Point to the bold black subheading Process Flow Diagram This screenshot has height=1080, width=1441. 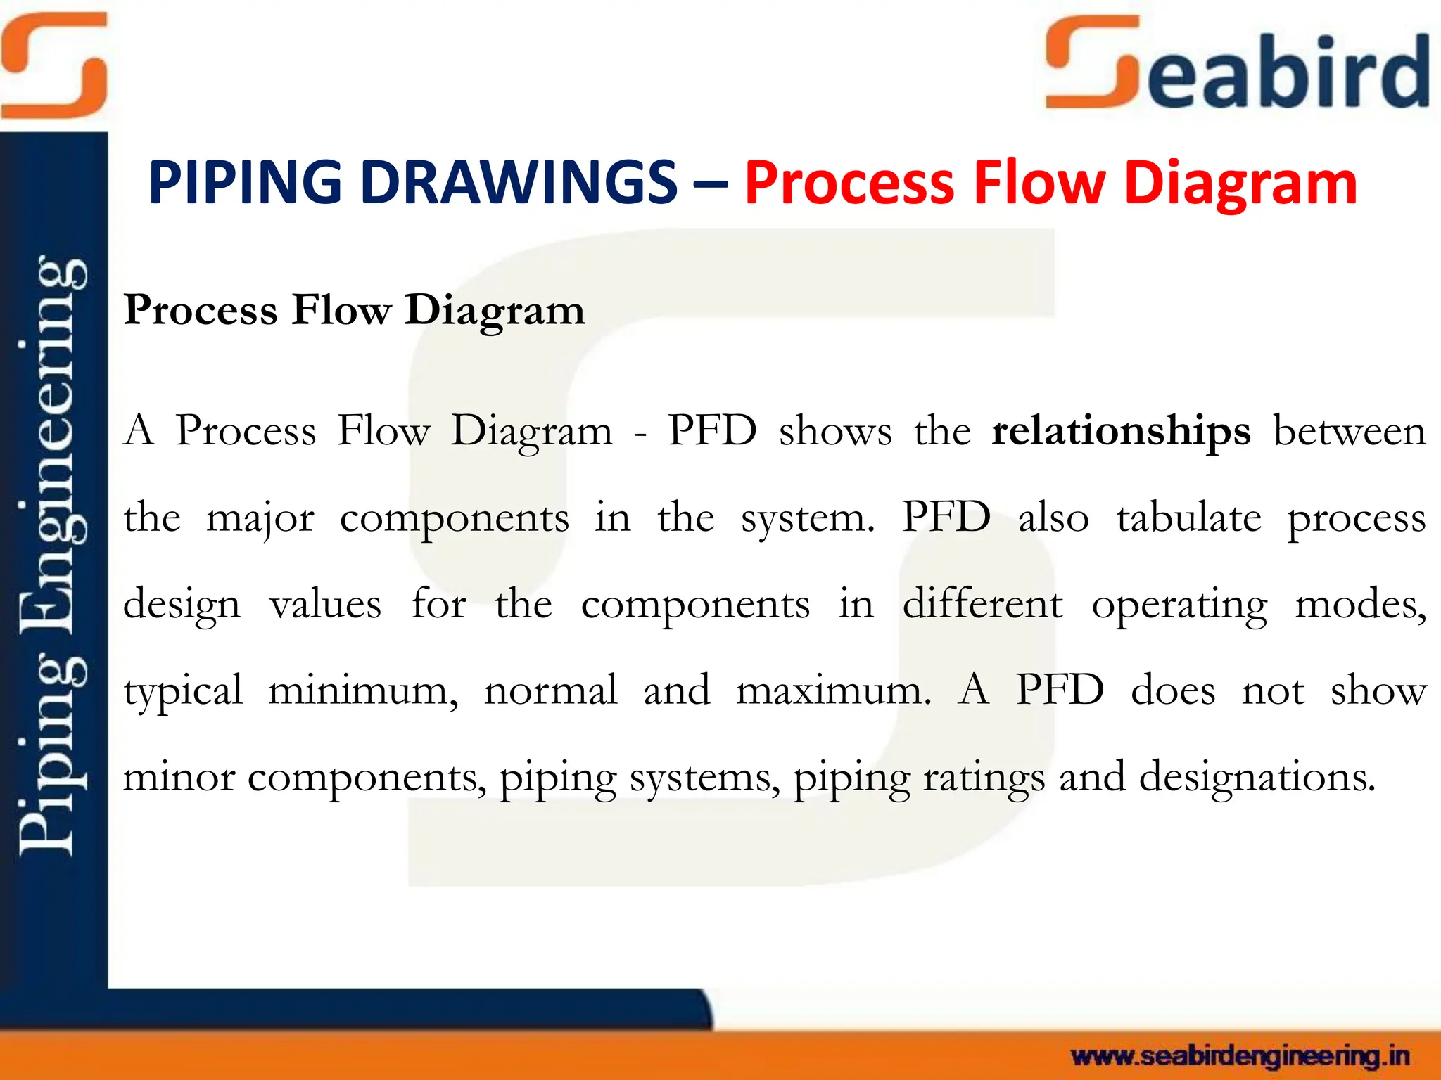(354, 309)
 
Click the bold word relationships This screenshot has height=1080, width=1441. (1121, 430)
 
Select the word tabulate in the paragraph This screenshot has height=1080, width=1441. (1188, 517)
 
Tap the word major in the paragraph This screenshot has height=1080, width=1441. (260, 519)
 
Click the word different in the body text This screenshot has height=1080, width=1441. (982, 604)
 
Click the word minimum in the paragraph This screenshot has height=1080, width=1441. (363, 690)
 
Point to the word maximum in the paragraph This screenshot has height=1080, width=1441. (833, 690)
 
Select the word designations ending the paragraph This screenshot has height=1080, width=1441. (1257, 778)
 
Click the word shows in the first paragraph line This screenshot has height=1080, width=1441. (835, 430)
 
